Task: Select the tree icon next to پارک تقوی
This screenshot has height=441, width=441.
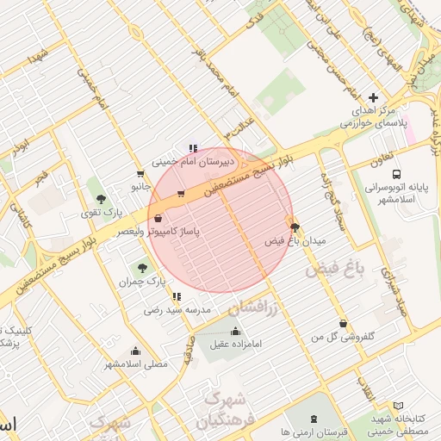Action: pos(102,200)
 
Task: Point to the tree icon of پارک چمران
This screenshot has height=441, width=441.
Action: pos(143,269)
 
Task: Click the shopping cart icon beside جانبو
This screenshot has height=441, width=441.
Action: pos(140,173)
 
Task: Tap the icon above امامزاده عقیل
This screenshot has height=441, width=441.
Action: pos(235,332)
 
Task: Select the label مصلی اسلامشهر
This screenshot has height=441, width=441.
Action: pos(136,363)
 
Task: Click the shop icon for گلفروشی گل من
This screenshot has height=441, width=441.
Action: pos(344,324)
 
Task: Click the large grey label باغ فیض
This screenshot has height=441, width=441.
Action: pos(335,270)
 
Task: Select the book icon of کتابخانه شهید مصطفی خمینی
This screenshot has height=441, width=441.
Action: pos(397,405)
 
